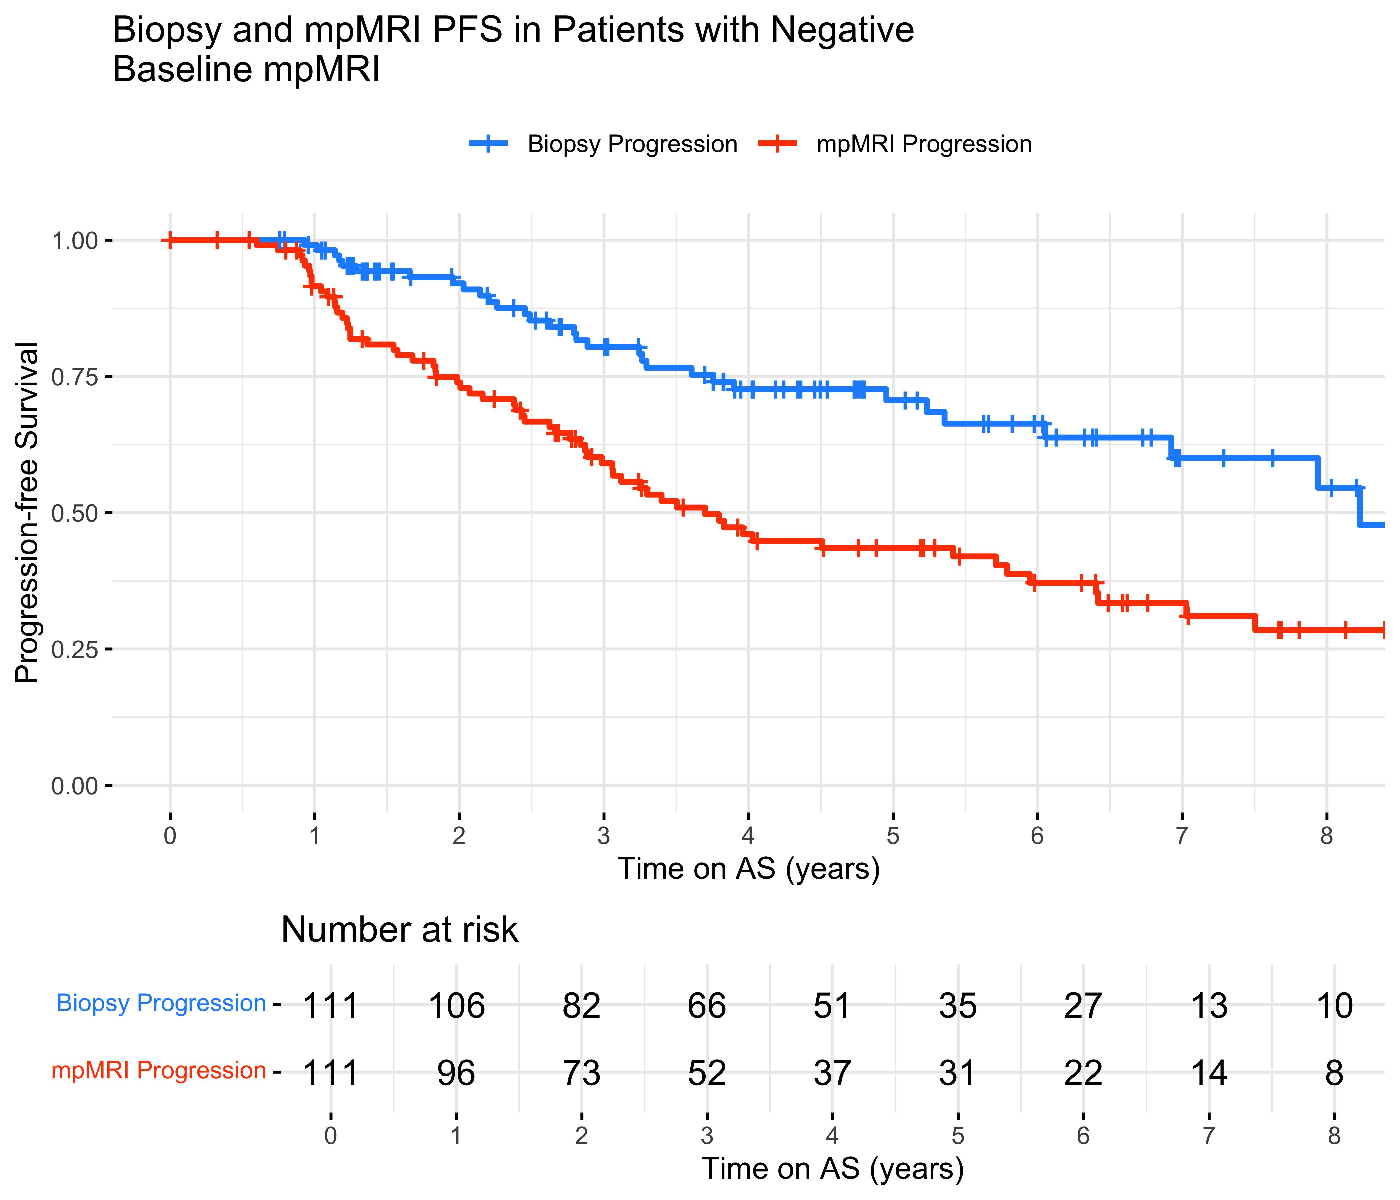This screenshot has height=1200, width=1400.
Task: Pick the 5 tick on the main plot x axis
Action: [x=893, y=836]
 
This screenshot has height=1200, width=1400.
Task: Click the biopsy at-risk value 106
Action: [x=457, y=1006]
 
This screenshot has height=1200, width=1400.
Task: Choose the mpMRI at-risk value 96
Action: [x=457, y=1073]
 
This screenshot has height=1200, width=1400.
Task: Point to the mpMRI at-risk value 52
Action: [x=707, y=1073]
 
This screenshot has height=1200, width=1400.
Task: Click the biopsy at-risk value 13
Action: [x=1209, y=1006]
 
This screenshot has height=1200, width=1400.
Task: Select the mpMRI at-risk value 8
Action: [x=1334, y=1073]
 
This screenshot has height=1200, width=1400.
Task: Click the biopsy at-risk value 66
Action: [x=707, y=1006]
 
